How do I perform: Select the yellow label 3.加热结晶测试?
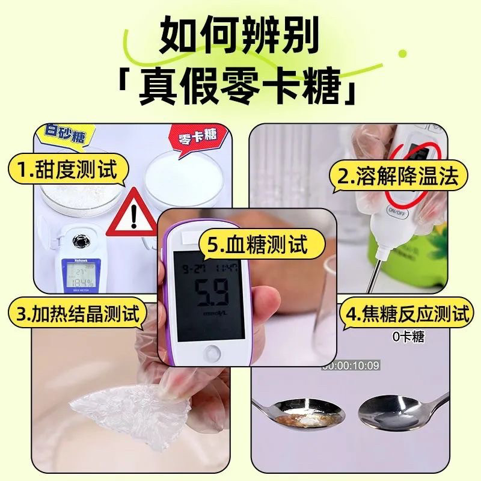pyautogui.click(x=77, y=313)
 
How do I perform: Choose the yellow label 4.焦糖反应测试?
pyautogui.click(x=405, y=313)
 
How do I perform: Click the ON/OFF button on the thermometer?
pyautogui.click(x=397, y=211)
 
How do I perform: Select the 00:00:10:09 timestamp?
pyautogui.click(x=351, y=365)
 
